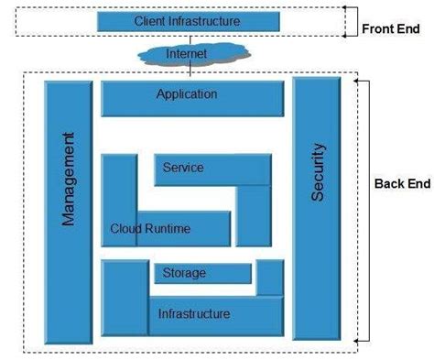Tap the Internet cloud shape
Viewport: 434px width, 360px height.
pos(186,54)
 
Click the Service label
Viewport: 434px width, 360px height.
pos(182,169)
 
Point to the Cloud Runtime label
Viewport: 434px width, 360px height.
pos(150,229)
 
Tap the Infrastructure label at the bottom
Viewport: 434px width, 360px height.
pos(193,314)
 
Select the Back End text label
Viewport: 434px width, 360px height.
pos(401,183)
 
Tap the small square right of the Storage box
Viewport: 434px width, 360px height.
pos(269,278)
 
